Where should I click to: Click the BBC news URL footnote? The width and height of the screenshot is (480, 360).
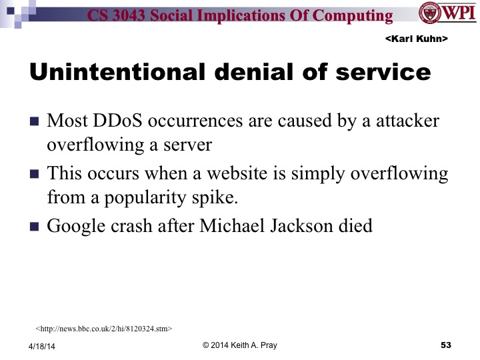(x=104, y=328)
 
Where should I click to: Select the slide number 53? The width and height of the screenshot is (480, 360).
(x=446, y=345)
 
